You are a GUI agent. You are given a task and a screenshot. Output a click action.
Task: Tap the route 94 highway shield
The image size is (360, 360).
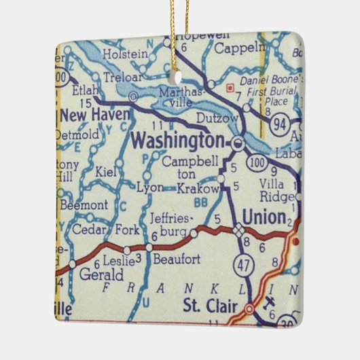pos(278,124)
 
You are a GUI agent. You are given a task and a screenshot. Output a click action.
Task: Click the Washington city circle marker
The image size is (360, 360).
pos(237,143)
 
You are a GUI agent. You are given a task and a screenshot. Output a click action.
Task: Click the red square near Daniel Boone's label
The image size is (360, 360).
pos(230,87)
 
